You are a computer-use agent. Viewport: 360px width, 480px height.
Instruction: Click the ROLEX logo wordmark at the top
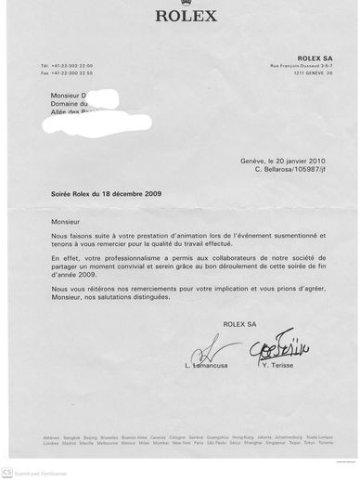pyautogui.click(x=186, y=15)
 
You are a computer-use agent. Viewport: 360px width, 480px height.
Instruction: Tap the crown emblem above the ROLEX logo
pyautogui.click(x=186, y=4)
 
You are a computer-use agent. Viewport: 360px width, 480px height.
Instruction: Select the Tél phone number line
pyautogui.click(x=66, y=66)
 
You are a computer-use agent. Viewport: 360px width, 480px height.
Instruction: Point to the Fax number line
pyautogui.click(x=66, y=72)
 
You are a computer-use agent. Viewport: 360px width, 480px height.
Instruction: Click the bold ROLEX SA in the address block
pyautogui.click(x=315, y=58)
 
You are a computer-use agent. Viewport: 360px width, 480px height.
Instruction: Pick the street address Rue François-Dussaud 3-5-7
pyautogui.click(x=301, y=65)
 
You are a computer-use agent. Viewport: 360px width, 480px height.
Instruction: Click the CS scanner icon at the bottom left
pyautogui.click(x=7, y=473)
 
